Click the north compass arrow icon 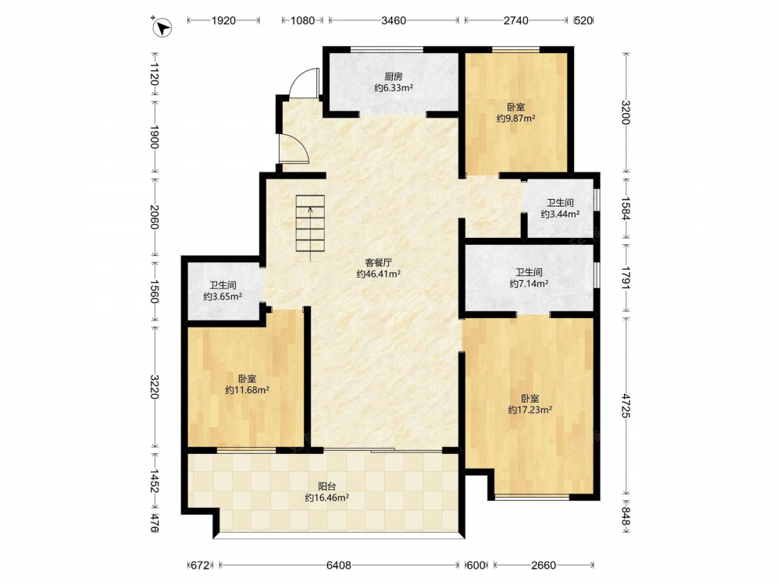(162, 27)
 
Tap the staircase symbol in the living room (310, 227)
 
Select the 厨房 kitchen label (394, 76)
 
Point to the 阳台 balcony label (326, 487)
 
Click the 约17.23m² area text (530, 410)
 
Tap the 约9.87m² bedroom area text (516, 119)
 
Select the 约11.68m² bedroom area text (247, 390)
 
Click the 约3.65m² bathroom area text (223, 296)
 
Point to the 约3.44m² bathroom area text (560, 214)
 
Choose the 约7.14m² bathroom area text (529, 284)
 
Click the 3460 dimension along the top (394, 20)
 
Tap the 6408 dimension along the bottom (339, 565)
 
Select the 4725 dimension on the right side (626, 406)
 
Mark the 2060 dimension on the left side (155, 217)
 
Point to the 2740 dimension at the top (516, 20)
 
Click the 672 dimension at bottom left (200, 565)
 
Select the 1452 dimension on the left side (155, 481)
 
